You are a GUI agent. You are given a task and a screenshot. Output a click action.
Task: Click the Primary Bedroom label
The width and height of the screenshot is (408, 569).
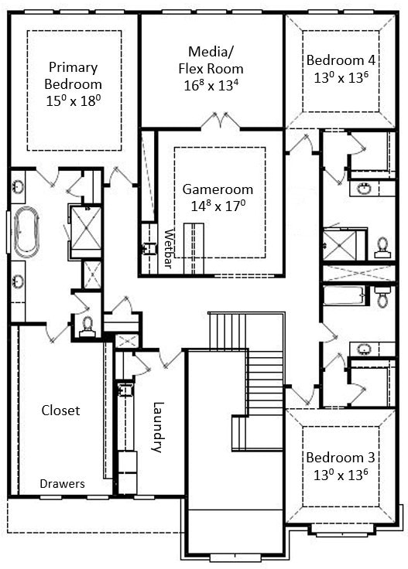74,74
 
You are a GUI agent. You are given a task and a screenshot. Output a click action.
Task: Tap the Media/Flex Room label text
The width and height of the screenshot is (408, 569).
211,58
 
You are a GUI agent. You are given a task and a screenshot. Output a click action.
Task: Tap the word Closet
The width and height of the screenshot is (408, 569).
60,411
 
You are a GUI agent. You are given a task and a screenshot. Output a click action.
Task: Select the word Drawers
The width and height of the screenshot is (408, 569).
63,484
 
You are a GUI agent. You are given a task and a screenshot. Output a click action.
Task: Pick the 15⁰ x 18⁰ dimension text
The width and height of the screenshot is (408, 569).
74,101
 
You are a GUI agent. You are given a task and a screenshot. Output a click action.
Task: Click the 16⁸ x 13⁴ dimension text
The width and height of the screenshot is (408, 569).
211,84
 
